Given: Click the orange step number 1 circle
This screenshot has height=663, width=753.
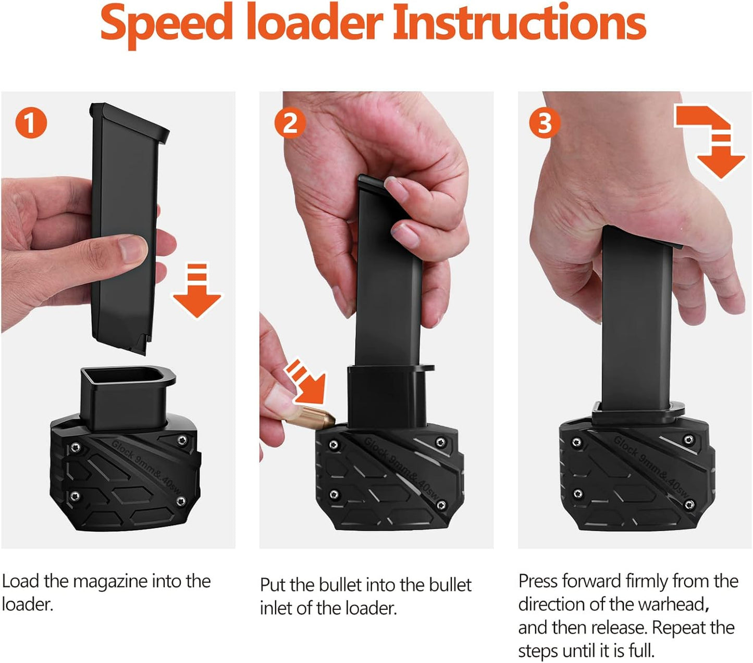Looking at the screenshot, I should tap(31, 123).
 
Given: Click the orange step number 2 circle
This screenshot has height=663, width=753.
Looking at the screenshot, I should tap(290, 123).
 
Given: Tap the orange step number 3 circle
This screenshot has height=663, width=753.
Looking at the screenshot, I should tap(544, 123).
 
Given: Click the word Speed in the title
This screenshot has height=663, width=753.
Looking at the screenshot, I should tap(166, 24).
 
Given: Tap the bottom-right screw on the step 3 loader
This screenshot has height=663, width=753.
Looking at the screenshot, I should tap(689, 504).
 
